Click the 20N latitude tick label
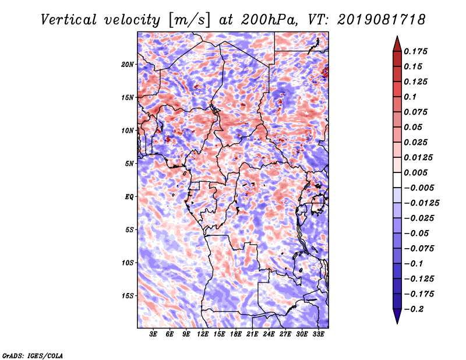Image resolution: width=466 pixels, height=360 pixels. coord(128,65)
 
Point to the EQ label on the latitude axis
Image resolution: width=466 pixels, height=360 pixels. coord(129,197)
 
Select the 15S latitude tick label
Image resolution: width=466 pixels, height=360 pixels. coord(128,296)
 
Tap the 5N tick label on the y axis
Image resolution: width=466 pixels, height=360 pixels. coord(129,164)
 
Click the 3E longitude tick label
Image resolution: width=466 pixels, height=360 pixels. coord(153,334)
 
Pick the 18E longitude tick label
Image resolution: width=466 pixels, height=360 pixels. coord(236,334)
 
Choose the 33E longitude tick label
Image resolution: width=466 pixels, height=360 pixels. coord(318,334)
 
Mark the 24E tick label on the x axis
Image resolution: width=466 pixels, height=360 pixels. coord(269,334)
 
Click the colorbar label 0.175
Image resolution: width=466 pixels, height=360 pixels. coord(415,51)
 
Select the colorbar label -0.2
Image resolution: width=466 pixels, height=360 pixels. coord(414,309)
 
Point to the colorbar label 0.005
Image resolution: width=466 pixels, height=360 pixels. coord(415,172)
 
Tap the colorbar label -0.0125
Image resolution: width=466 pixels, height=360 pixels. coord(421,203)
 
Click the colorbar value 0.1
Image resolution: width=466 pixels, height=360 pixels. coord(410,97)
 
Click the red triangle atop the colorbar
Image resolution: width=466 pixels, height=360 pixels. coord(397,44)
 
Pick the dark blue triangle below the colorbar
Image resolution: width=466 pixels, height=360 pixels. coord(397,316)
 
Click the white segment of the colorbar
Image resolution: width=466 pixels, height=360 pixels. coord(397,180)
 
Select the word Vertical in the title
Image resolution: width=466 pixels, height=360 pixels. coord(69,20)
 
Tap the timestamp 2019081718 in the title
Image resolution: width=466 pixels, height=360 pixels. coord(382,20)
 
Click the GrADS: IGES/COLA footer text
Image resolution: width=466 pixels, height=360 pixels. coord(33,355)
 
